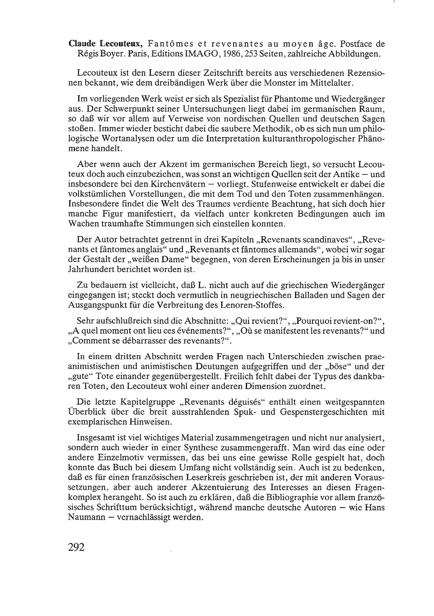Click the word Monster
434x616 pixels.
[282, 83]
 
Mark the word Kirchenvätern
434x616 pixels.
[178, 184]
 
